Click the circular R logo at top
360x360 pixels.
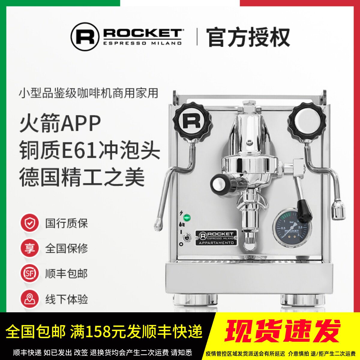click(85, 37)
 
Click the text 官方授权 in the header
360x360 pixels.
click(248, 37)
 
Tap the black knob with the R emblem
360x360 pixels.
click(192, 121)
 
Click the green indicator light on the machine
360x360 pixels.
click(187, 217)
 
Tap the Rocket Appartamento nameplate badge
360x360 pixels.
click(216, 238)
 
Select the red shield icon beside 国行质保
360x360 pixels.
click(29, 223)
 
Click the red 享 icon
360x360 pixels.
click(29, 248)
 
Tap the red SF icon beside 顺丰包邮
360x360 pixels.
click(29, 274)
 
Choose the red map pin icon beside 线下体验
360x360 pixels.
click(29, 299)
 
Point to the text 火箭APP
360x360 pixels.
click(60, 124)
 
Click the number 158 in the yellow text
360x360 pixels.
click(98, 332)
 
